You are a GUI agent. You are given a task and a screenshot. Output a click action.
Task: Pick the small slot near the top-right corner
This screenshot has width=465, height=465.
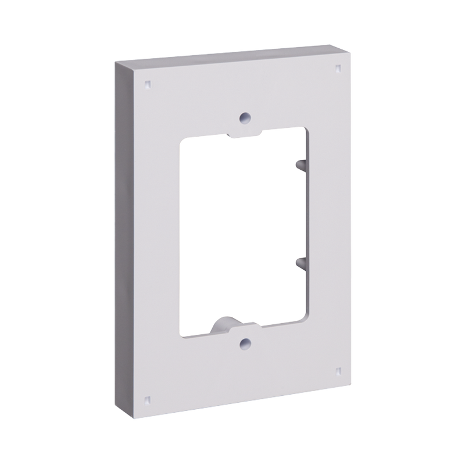[x=339, y=70]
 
